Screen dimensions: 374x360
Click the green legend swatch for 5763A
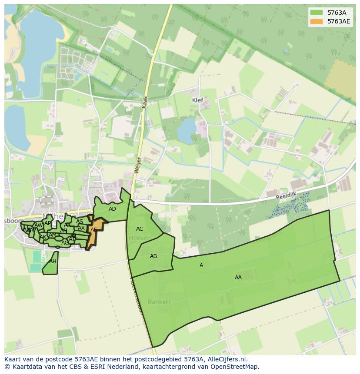[317, 13]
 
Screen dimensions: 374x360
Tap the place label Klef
[197, 100]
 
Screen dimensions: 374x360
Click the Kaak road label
[145, 103]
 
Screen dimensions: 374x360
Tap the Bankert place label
[159, 301]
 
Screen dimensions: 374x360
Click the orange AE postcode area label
[93, 230]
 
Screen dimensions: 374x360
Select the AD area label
[112, 209]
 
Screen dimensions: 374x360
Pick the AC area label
[140, 229]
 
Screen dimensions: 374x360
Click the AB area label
[153, 256]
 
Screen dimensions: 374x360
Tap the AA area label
[238, 277]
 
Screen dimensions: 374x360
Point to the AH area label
[53, 261]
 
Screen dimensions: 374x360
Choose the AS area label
[80, 222]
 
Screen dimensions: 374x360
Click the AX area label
[81, 228]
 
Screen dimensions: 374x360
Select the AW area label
[39, 225]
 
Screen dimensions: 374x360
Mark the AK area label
[43, 237]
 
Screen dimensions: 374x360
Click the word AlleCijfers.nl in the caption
[226, 359]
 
